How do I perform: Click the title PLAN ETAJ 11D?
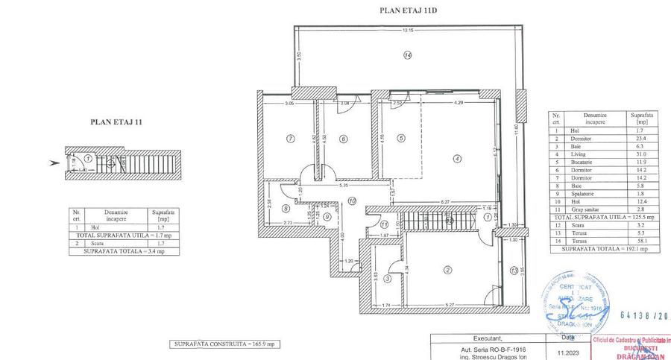pyautogui.click(x=407, y=11)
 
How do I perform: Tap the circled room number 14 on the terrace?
pyautogui.click(x=407, y=55)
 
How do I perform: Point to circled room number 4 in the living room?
pyautogui.click(x=458, y=157)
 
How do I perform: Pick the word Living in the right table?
pyautogui.click(x=578, y=154)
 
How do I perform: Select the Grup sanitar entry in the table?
pyautogui.click(x=584, y=210)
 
